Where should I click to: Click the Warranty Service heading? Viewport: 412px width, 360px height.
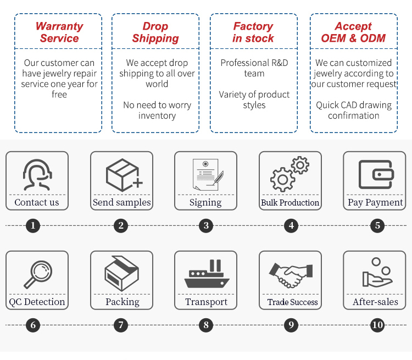59,32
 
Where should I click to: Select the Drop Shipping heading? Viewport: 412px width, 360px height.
155,32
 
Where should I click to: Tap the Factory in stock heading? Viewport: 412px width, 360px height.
253,32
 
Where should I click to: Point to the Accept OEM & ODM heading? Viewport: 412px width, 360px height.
353,32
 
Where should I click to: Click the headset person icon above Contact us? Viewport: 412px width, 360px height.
37,175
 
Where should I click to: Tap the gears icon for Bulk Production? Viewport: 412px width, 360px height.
289,174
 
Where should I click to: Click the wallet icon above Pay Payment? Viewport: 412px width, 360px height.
375,175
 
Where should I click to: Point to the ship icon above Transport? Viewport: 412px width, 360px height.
206,274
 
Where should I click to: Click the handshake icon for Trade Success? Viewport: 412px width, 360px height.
291,274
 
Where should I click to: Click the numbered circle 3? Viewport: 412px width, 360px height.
205,225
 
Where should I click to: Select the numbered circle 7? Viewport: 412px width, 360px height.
121,325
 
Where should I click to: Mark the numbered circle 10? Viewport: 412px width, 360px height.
377,325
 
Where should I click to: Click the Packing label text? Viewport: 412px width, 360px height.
122,302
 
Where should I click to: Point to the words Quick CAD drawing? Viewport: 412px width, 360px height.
354,105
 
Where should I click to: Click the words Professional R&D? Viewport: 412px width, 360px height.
254,63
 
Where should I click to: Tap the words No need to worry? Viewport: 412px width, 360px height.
157,105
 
